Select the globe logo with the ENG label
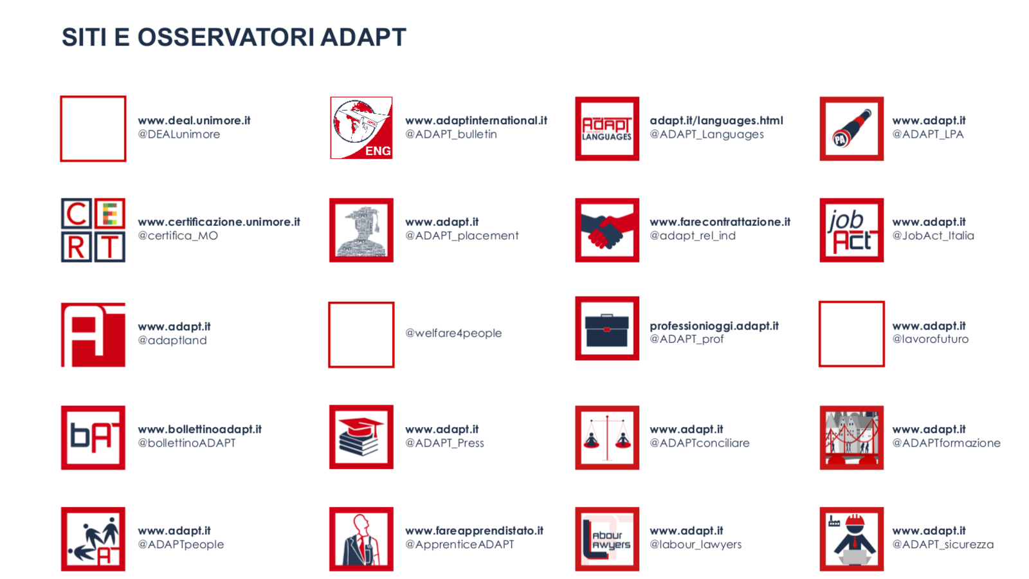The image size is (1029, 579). pos(361,128)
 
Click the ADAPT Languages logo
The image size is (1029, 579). pos(607,129)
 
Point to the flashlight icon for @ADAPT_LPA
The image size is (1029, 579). pos(851,129)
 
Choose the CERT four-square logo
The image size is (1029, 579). pos(93,230)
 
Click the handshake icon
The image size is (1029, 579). pos(607,230)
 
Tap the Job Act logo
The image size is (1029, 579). pos(851,230)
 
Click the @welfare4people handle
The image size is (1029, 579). pos(453,333)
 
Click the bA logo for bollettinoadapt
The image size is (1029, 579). pos(93,437)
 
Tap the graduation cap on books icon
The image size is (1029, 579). pos(361,437)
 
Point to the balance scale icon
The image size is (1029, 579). pos(607,437)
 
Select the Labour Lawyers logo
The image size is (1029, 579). pos(607,539)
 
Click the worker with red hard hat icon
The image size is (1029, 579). pos(851,539)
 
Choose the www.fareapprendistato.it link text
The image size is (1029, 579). pos(474,531)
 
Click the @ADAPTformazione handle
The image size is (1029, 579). pos(946,443)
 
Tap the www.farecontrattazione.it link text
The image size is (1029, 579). pos(720,222)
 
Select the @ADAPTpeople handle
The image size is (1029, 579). pos(181,544)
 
